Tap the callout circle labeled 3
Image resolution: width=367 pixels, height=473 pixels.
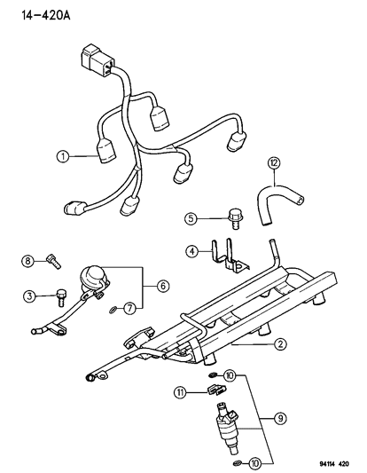[28, 295]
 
